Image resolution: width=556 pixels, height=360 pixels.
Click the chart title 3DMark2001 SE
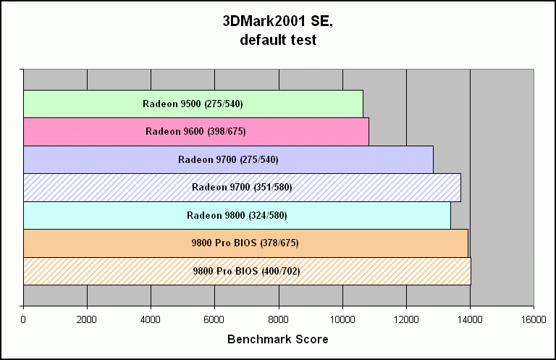pos(277,22)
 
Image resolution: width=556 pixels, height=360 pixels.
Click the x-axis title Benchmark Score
pos(278,339)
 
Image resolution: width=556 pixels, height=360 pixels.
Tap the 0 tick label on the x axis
pos(24,319)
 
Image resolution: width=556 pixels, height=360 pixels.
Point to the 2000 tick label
pos(87,319)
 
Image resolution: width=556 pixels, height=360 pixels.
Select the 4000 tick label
pos(151,319)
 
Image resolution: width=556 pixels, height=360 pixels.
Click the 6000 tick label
pos(215,319)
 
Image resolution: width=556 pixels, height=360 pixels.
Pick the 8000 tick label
pos(279,319)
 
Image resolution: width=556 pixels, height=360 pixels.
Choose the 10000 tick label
pos(342,319)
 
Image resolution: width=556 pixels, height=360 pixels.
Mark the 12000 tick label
pos(406,319)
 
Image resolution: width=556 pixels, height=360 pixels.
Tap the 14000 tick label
pos(470,319)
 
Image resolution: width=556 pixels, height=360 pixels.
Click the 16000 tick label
pos(534,319)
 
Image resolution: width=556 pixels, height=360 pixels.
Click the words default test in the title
pos(277,41)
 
